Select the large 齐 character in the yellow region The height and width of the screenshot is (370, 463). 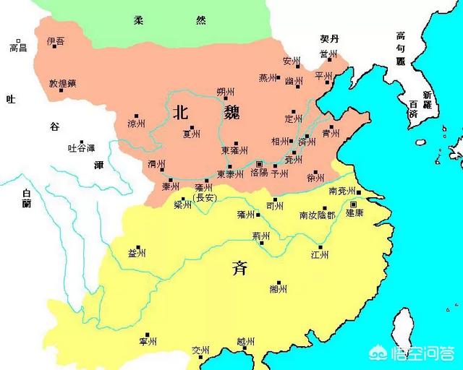[x=239, y=270]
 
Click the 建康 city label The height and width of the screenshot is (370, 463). [x=354, y=213]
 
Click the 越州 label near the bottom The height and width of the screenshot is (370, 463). [x=245, y=342]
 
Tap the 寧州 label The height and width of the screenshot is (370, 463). [x=148, y=342]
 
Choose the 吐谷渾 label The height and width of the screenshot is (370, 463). [x=81, y=148]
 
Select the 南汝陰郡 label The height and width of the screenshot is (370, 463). [x=317, y=215]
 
